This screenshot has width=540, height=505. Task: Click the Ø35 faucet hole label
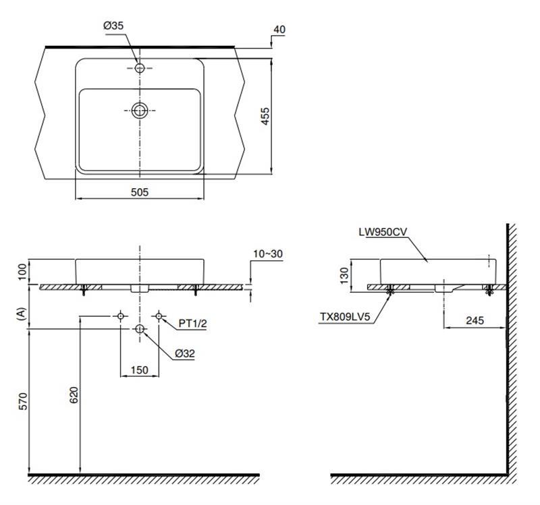pyautogui.click(x=113, y=26)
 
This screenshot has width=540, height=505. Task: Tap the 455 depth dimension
pyautogui.click(x=265, y=116)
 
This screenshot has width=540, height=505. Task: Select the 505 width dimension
pyautogui.click(x=140, y=192)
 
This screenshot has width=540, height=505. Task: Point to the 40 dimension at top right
pyautogui.click(x=279, y=30)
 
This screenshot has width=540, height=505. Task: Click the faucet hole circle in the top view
pyautogui.click(x=140, y=68)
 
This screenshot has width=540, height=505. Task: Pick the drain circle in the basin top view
pyautogui.click(x=140, y=111)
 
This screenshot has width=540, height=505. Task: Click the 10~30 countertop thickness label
pyautogui.click(x=268, y=254)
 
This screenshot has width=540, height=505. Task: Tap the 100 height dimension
pyautogui.click(x=22, y=272)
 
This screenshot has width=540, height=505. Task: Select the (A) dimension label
pyautogui.click(x=22, y=314)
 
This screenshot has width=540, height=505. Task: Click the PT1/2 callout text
pyautogui.click(x=192, y=324)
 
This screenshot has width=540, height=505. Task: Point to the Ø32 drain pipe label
pyautogui.click(x=184, y=353)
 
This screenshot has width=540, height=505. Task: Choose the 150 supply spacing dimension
pyautogui.click(x=140, y=370)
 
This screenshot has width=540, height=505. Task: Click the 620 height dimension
pyautogui.click(x=74, y=395)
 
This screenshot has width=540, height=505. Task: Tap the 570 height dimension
pyautogui.click(x=22, y=401)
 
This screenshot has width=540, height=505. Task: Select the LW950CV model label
pyautogui.click(x=383, y=232)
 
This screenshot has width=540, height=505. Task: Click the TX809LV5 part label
pyautogui.click(x=345, y=316)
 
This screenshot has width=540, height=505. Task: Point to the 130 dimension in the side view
pyautogui.click(x=344, y=276)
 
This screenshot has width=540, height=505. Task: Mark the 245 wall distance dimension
pyautogui.click(x=475, y=320)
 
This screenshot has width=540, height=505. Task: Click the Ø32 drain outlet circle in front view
pyautogui.click(x=140, y=329)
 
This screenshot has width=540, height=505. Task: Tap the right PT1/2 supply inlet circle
pyautogui.click(x=159, y=316)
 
